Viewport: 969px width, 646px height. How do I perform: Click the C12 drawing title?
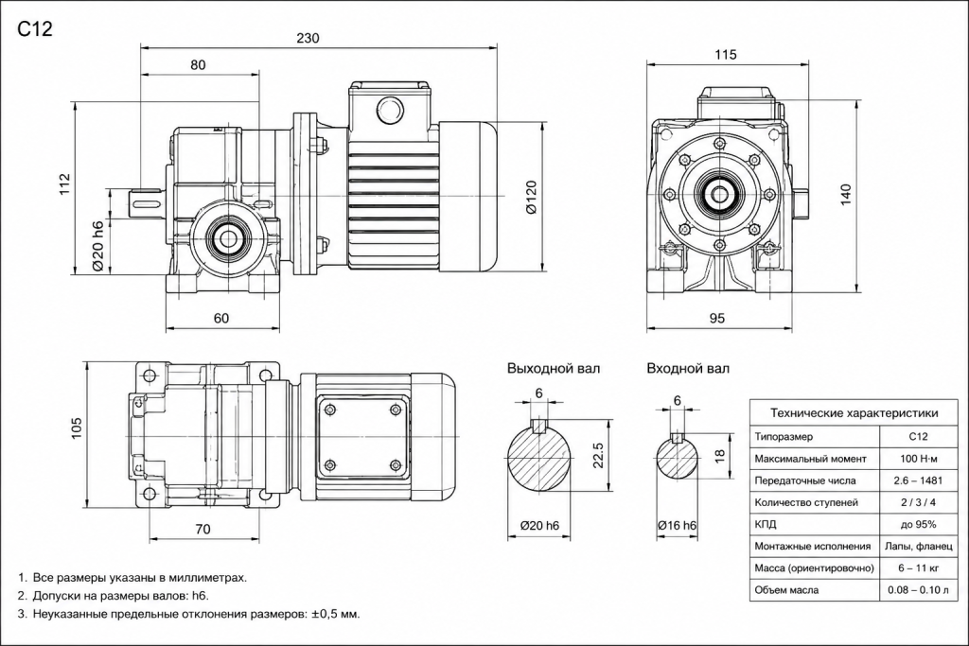pos(35,28)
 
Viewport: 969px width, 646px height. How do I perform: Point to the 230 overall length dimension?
pos(308,38)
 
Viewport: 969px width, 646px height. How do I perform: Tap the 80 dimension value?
pos(199,65)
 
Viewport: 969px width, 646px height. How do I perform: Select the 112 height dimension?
pos(65,184)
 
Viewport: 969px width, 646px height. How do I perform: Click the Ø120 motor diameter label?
pos(532,197)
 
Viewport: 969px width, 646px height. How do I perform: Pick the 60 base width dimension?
pos(221,318)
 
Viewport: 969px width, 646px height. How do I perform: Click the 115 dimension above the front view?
pos(726,54)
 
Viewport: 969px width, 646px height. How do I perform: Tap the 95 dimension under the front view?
pos(717,318)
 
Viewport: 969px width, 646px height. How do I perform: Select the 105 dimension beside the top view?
pos(77,428)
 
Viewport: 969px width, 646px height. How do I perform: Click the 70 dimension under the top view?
pos(203,529)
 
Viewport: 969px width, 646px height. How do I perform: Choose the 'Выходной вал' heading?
pos(554,369)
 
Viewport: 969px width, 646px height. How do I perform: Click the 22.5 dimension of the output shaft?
pos(598,455)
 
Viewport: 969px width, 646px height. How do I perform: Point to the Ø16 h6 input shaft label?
pos(678,526)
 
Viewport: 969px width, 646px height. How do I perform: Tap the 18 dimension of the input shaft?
pos(719,456)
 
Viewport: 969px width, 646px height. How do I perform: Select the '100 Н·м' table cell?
pos(918,459)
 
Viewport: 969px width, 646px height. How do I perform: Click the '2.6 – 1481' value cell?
pos(918,480)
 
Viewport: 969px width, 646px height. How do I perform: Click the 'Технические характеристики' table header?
pos(854,413)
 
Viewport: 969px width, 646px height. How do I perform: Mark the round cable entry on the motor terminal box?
pos(389,111)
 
